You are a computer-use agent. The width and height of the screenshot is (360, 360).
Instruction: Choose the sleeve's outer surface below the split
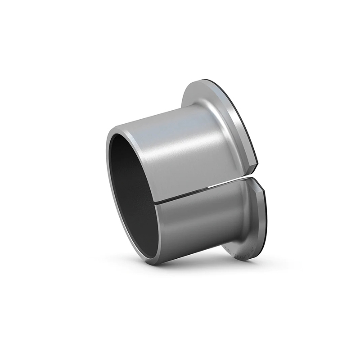(x=189, y=225)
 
